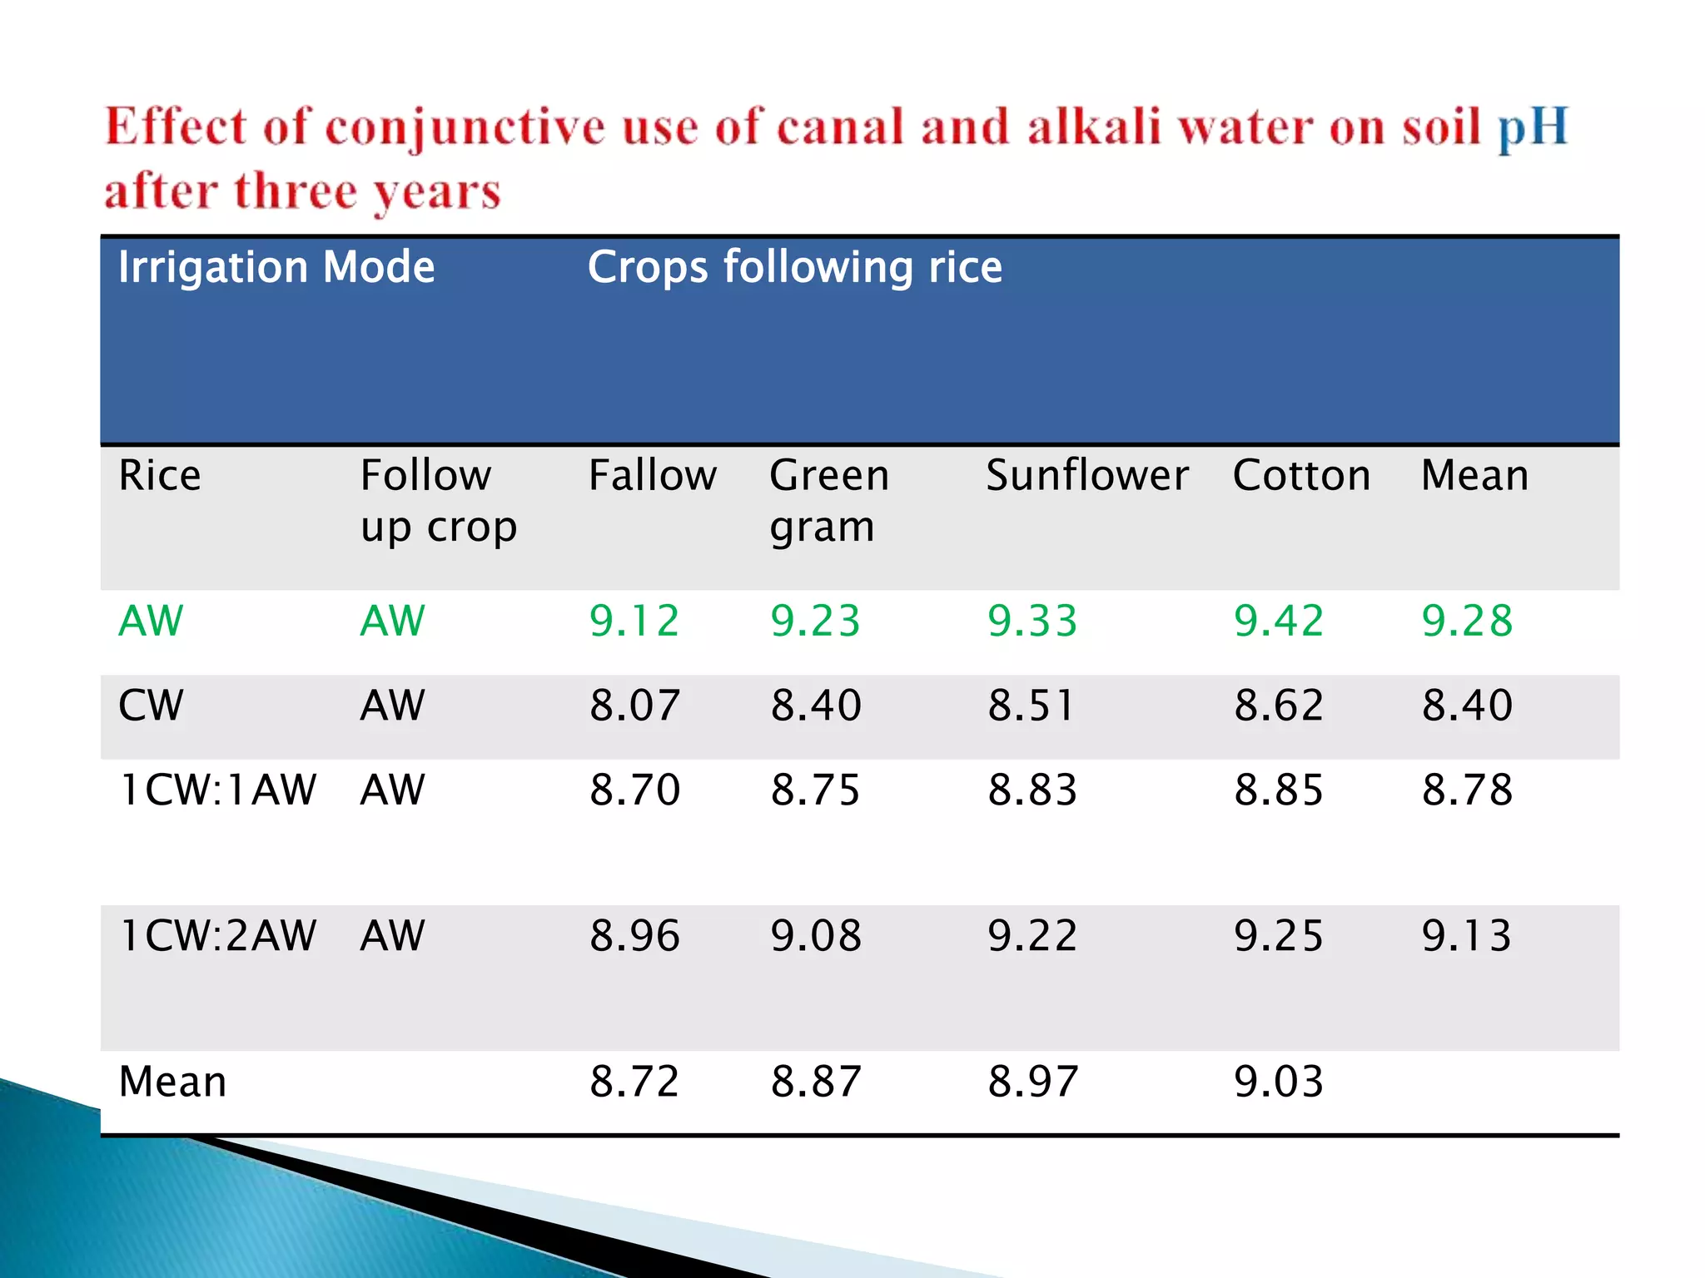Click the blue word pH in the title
click(1533, 129)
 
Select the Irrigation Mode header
click(276, 268)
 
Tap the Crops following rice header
click(795, 268)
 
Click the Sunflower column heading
click(1086, 476)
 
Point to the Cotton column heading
click(1301, 476)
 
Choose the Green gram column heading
click(828, 501)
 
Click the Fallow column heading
click(652, 476)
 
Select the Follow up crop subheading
click(438, 501)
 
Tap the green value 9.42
click(1278, 621)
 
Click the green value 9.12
click(634, 621)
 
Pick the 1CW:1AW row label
click(218, 790)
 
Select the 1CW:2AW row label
click(218, 935)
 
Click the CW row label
click(151, 706)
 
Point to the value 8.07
click(634, 706)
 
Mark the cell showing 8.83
click(1032, 790)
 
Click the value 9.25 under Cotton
click(1278, 935)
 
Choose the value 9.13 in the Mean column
click(1466, 935)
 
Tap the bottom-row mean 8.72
click(634, 1082)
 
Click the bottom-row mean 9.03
click(1278, 1082)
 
